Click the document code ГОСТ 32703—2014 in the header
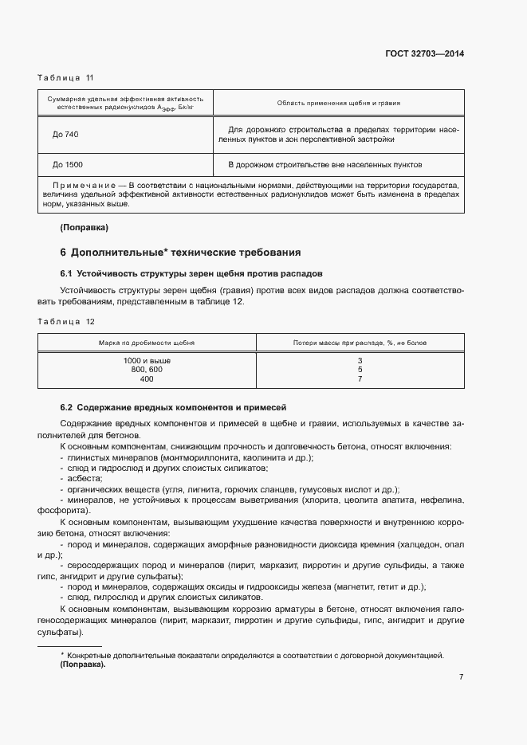pos(425,53)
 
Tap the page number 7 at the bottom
pos(461,677)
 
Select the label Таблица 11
pos(65,77)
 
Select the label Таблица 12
pos(65,321)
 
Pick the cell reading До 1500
pos(67,165)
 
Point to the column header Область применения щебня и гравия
pos(338,103)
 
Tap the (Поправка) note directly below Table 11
pos(84,228)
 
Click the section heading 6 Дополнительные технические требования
pos(180,253)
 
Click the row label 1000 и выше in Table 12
pos(147,361)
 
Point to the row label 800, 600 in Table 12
pos(147,370)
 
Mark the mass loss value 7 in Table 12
pos(360,378)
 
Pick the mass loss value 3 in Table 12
pos(360,361)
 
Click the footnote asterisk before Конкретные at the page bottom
pos(62,655)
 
